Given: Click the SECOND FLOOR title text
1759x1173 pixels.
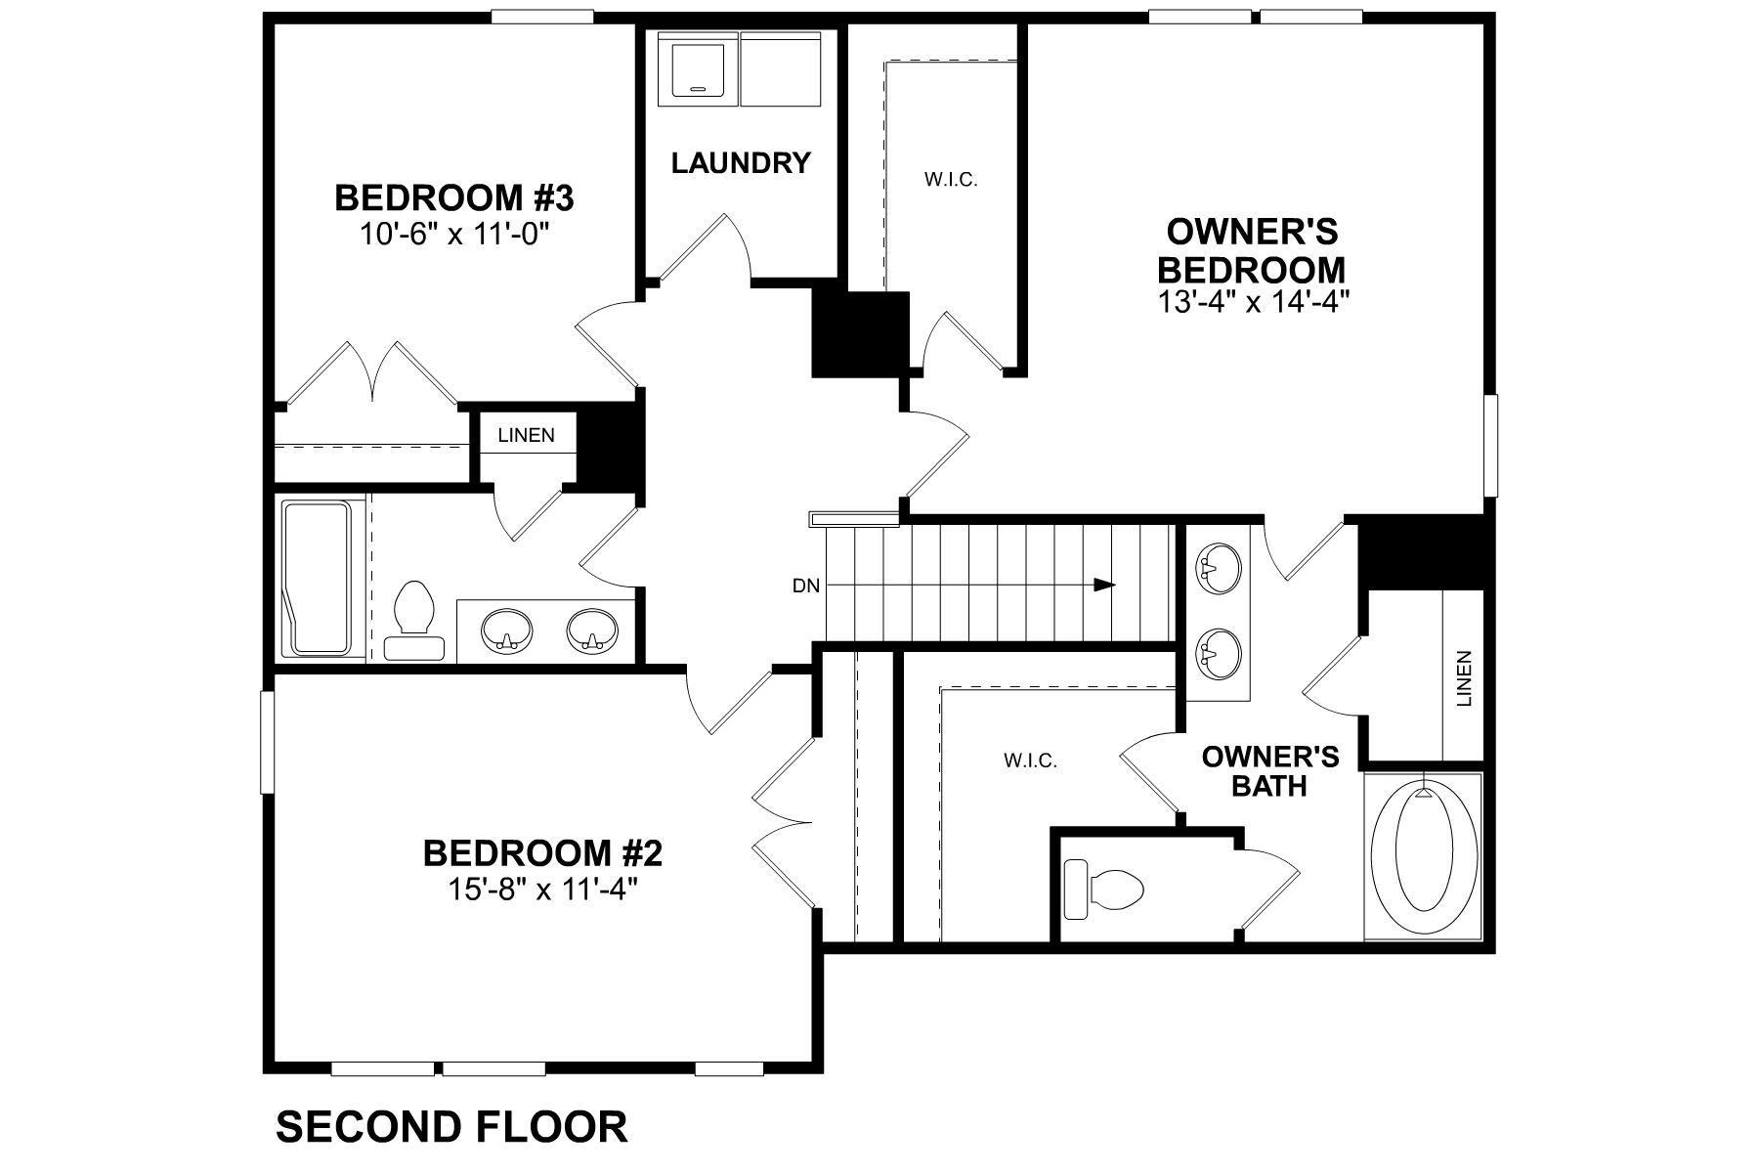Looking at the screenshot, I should [451, 1126].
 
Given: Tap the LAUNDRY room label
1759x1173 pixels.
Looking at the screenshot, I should [741, 162].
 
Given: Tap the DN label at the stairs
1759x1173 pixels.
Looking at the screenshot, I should [805, 586].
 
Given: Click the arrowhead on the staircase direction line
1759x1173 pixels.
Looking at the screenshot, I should [1104, 586].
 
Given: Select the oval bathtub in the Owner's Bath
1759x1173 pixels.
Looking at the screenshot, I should [1423, 856].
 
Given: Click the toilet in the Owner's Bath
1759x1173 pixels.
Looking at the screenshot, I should [1104, 889].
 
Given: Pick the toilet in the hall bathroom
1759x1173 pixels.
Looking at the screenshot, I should [413, 619].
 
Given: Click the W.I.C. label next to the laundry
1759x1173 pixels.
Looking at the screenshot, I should [950, 180].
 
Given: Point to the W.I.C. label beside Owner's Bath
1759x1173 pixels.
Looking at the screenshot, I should [1030, 760].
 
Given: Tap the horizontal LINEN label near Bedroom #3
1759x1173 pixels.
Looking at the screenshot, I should [526, 435].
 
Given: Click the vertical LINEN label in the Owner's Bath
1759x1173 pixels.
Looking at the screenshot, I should [1463, 678].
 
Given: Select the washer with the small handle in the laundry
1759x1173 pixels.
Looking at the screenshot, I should [697, 68].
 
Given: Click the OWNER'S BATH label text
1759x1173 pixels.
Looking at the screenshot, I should [1268, 770].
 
